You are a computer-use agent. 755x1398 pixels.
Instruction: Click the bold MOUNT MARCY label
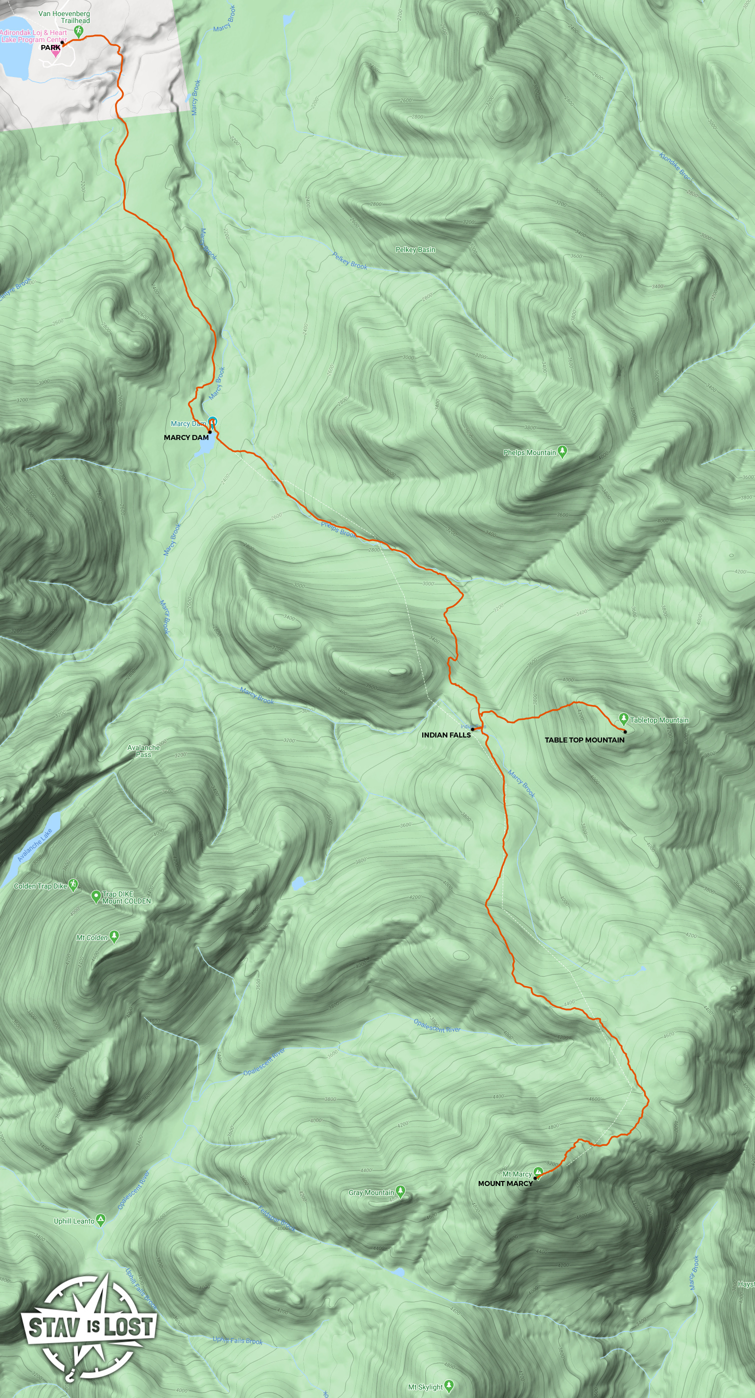tap(505, 1183)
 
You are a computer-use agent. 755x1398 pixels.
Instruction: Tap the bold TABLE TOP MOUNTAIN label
tap(584, 739)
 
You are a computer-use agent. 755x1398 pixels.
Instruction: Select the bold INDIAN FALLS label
tap(446, 735)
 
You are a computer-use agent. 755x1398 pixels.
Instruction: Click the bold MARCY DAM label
tap(186, 437)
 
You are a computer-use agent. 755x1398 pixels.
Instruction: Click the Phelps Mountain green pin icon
tap(563, 451)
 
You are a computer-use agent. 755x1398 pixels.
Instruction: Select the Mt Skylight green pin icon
tap(449, 1385)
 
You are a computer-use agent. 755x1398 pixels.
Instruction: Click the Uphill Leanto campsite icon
tap(100, 1220)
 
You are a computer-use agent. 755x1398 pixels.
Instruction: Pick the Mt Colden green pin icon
tap(114, 935)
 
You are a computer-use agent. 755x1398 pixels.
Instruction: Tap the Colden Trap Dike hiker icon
tap(73, 884)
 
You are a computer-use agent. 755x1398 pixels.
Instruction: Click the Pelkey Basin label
tap(415, 249)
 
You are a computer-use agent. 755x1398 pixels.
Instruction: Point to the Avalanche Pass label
tap(144, 751)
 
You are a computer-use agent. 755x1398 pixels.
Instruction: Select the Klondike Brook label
tap(676, 166)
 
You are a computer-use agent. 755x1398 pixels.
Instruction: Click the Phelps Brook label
tap(338, 529)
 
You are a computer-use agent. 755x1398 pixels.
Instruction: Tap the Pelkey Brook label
tap(350, 261)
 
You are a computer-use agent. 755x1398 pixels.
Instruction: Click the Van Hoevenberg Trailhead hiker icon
tap(79, 31)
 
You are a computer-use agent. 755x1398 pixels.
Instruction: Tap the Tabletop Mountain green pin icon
tap(624, 718)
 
